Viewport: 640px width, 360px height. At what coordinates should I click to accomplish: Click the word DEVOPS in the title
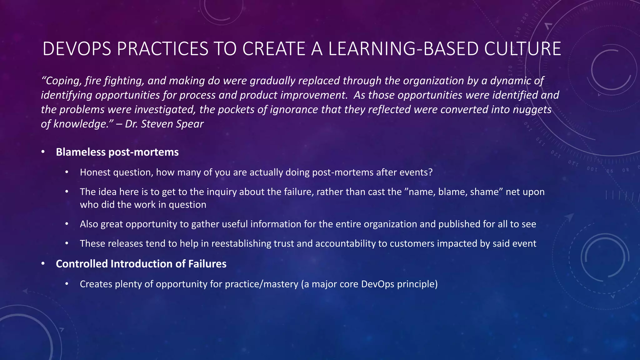[77, 49]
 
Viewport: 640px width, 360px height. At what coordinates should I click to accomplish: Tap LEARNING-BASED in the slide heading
[403, 49]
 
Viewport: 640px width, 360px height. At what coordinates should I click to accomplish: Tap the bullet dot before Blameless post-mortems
[43, 152]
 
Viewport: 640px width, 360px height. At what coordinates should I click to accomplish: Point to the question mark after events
[430, 172]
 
